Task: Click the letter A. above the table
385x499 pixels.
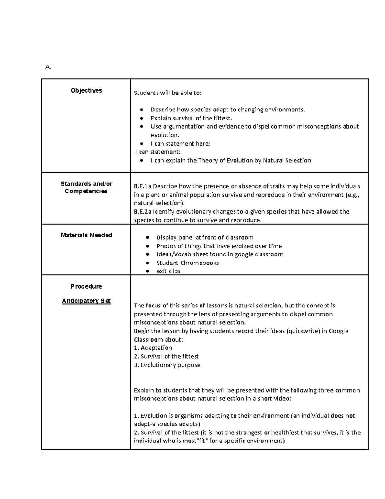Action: click(48, 67)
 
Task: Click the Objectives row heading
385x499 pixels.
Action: click(86, 90)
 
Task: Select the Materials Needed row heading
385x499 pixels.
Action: click(86, 235)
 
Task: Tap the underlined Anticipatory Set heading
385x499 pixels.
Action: click(86, 301)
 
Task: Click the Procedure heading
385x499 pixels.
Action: click(86, 286)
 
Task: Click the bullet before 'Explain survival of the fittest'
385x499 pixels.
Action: click(141, 118)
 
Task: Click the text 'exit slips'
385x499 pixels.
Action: click(168, 271)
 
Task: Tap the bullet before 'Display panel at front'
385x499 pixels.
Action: click(147, 238)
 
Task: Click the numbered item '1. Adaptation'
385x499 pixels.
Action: click(153, 348)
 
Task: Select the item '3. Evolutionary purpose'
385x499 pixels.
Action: click(167, 365)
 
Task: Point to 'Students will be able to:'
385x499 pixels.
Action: click(168, 93)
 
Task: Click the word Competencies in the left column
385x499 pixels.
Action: click(86, 192)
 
